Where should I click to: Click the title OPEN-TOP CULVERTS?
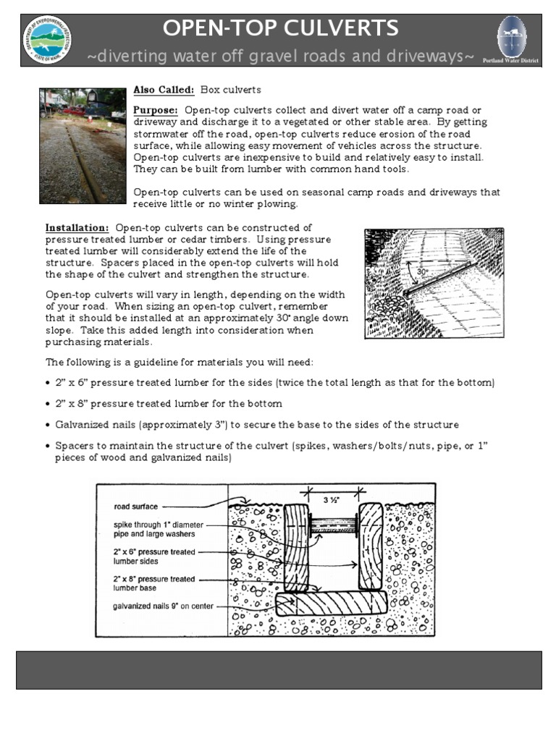280,28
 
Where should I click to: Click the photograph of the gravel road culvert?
82,145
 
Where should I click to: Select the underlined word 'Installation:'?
77,228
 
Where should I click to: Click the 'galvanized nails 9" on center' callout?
163,606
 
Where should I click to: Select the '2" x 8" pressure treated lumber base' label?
154,583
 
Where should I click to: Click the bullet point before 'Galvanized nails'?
49,425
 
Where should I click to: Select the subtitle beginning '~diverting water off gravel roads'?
280,56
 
